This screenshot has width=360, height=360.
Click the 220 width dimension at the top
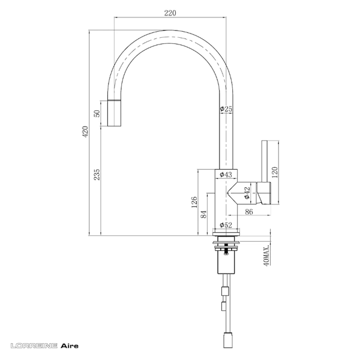click(x=170, y=13)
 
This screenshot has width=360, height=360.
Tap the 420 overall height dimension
click(x=85, y=131)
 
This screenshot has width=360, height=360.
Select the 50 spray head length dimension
click(x=97, y=113)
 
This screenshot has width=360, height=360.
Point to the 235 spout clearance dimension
click(x=97, y=175)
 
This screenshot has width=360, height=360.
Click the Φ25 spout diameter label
click(x=226, y=109)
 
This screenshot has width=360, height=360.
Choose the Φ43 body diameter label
click(x=226, y=175)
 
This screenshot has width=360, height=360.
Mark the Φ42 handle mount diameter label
click(x=247, y=193)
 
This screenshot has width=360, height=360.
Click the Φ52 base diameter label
click(x=226, y=225)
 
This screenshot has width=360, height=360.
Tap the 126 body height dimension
click(x=194, y=202)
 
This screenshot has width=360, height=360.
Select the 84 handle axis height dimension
click(x=204, y=214)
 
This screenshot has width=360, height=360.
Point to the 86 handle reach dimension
click(x=248, y=211)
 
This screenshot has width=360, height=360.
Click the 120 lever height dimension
click(x=275, y=172)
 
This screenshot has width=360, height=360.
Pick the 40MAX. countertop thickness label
click(x=266, y=256)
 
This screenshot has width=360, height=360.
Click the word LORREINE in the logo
click(x=34, y=346)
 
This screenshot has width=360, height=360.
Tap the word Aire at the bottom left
click(x=70, y=346)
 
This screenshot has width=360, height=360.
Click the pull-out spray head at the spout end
click(x=114, y=113)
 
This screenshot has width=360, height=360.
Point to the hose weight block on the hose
click(x=225, y=291)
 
